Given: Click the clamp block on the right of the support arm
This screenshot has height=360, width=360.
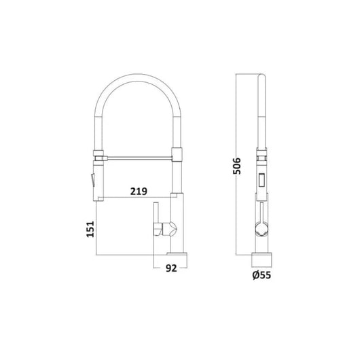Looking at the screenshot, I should [x=179, y=156].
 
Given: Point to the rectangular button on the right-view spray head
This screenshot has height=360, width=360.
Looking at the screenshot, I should [x=260, y=181].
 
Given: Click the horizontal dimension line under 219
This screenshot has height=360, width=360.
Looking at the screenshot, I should [x=136, y=198].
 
